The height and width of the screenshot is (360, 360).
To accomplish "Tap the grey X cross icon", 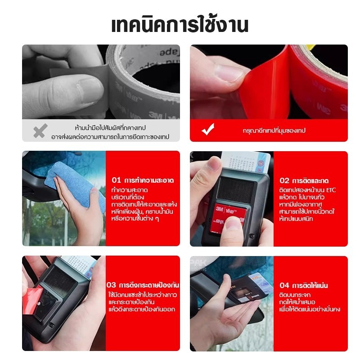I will pos(40,131).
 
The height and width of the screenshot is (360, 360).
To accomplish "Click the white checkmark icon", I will pos(208,130).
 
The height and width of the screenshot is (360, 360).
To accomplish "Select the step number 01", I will pos(116,180).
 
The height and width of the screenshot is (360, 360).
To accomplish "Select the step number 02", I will pos(285,180).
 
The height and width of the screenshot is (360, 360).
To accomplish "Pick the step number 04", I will pos(285,285).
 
